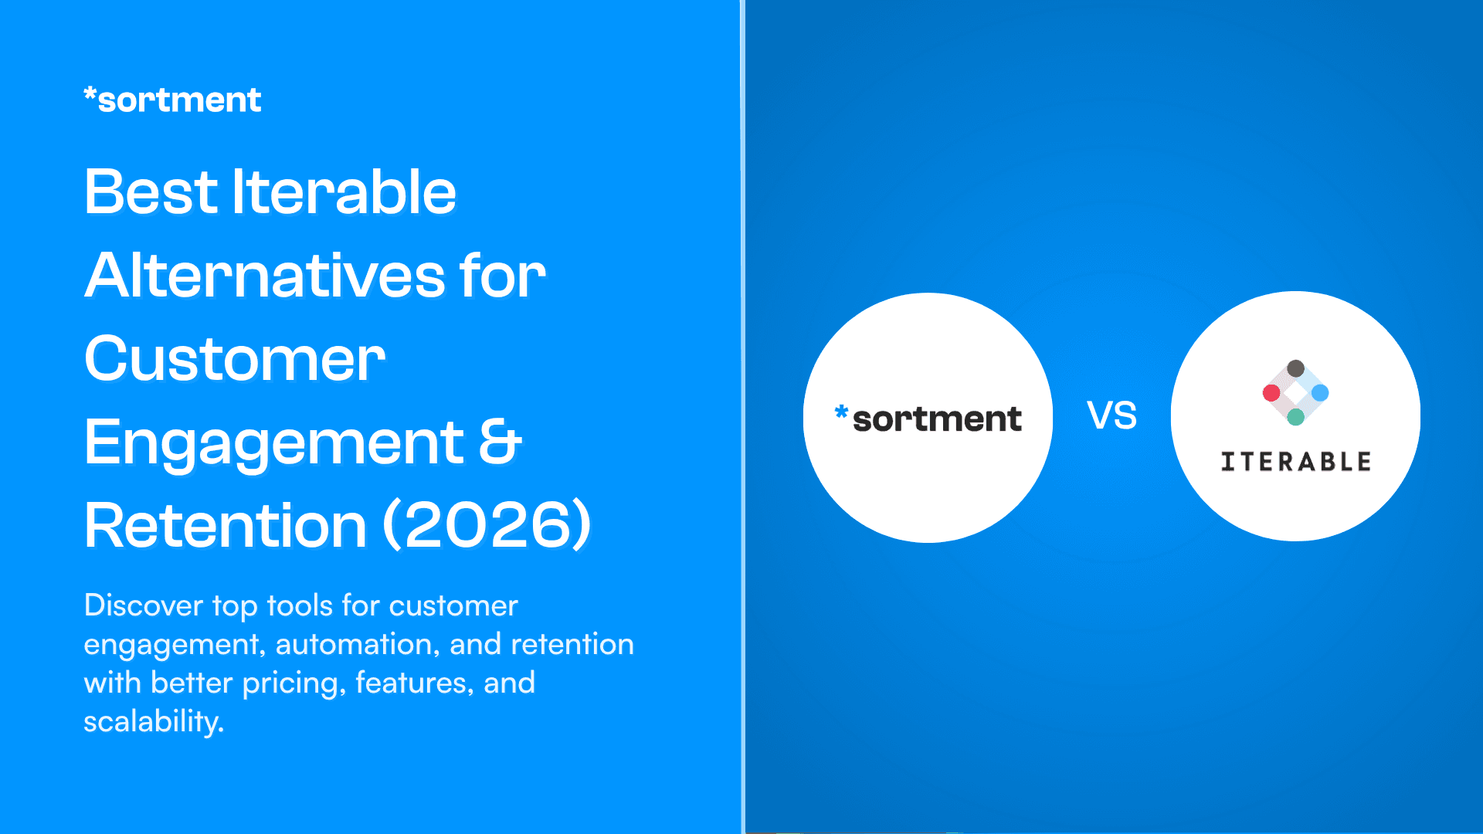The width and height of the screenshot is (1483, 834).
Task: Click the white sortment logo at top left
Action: [172, 100]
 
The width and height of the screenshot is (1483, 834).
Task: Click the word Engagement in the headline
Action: [274, 443]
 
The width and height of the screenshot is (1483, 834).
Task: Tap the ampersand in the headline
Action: [500, 442]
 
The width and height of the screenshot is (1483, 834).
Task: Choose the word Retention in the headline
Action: [225, 525]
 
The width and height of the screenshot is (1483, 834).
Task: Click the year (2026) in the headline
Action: [487, 525]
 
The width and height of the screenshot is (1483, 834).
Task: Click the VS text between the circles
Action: [1111, 415]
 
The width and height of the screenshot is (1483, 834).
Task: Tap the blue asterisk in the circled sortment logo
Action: [841, 412]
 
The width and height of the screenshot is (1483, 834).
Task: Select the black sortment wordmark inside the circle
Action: [937, 419]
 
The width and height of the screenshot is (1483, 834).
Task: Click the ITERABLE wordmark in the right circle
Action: [1295, 462]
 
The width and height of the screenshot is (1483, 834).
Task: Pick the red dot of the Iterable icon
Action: [1271, 393]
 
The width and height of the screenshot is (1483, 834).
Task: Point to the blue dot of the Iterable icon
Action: [1320, 393]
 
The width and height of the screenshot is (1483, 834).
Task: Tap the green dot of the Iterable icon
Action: [1295, 417]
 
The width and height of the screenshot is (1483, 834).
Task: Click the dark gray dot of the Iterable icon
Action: [1295, 368]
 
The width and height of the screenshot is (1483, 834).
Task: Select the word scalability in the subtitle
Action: [153, 721]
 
